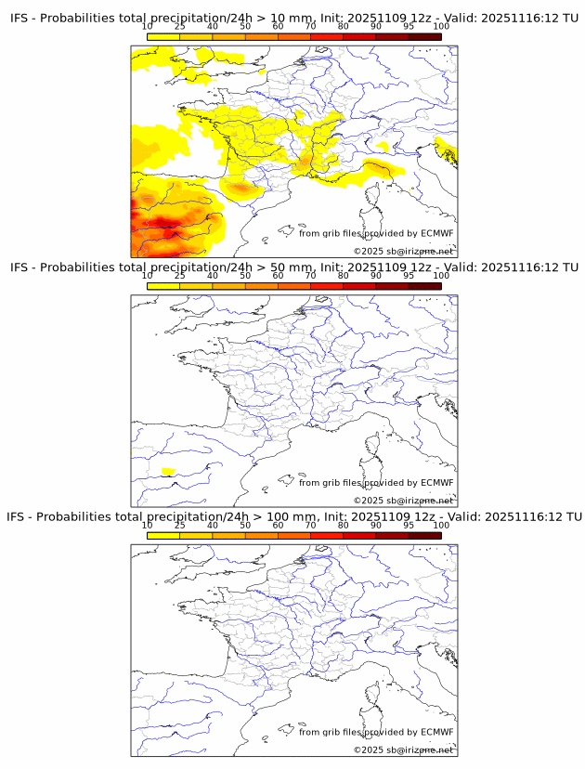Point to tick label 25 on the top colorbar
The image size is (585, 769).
(x=180, y=27)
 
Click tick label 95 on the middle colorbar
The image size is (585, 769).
(x=409, y=276)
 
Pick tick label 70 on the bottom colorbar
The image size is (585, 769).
(x=310, y=525)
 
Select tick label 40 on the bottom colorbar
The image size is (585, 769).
(x=213, y=525)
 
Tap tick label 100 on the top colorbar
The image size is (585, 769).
(x=440, y=27)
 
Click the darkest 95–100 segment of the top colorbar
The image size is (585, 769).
(x=424, y=37)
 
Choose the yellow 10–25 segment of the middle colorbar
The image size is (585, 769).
(x=163, y=286)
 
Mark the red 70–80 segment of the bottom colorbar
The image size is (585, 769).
(x=326, y=535)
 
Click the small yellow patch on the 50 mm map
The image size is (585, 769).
(x=168, y=471)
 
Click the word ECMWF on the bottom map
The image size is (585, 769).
(x=436, y=732)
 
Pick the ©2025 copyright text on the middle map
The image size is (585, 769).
(x=369, y=501)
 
